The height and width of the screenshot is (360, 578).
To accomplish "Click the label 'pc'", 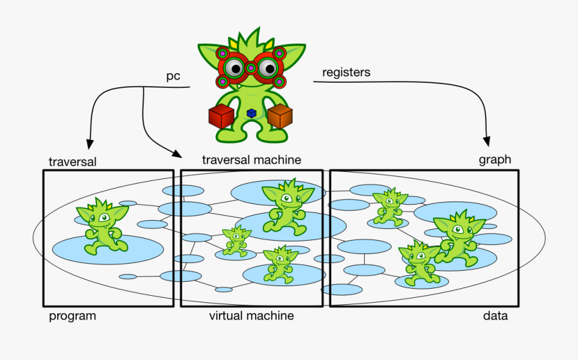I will click(x=173, y=76).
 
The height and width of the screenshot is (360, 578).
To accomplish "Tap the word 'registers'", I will click(x=346, y=73).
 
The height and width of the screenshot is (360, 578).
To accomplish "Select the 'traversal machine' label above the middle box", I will click(x=251, y=160).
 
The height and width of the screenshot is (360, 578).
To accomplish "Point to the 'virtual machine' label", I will click(x=251, y=316).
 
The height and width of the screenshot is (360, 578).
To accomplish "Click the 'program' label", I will click(x=73, y=316).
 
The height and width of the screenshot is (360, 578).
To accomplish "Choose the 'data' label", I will click(x=495, y=316).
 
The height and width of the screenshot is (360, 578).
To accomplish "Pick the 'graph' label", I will click(x=495, y=160).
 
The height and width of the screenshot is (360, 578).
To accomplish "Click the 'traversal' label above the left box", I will click(x=73, y=162).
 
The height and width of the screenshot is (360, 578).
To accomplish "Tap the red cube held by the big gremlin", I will click(x=221, y=116).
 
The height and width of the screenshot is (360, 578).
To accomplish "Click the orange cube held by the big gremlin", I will click(x=280, y=116).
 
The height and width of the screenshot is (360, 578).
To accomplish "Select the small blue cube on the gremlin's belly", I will click(x=251, y=114).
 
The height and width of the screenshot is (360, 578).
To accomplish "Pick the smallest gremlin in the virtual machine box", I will click(x=236, y=241).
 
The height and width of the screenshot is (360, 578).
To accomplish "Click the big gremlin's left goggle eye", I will click(x=235, y=68).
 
